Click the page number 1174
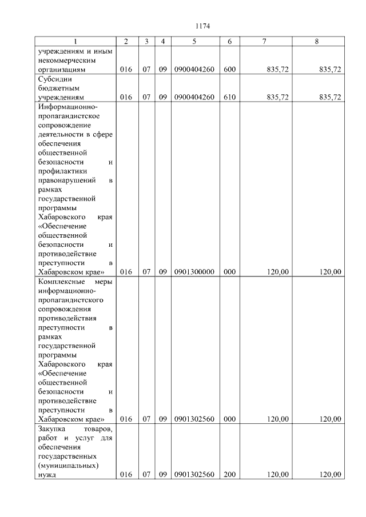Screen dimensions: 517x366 click(203, 26)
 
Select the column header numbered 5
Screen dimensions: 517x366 click(194, 42)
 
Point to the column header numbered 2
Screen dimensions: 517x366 click(126, 42)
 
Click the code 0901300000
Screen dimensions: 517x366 click(194, 272)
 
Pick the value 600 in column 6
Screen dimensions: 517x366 click(229, 70)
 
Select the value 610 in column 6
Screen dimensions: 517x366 click(229, 98)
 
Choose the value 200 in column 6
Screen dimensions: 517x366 click(229, 475)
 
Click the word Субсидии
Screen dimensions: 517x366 click(53, 79)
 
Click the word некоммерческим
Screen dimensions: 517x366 click(65, 60)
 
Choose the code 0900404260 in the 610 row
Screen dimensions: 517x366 click(194, 98)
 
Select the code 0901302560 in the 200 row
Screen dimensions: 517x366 click(194, 475)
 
